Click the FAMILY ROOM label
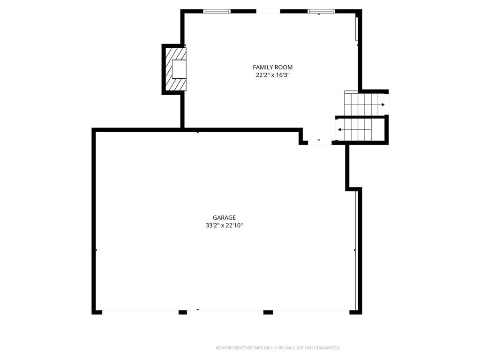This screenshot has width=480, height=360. click(272, 67)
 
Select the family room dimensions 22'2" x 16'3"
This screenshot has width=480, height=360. click(272, 75)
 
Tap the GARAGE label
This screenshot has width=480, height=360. click(224, 217)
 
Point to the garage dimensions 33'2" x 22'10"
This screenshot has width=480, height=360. click(224, 225)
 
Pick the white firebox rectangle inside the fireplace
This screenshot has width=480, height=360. click(179, 69)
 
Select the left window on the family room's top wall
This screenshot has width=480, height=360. click(217, 11)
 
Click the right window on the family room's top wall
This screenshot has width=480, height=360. click(321, 11)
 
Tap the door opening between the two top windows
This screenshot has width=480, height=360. click(268, 12)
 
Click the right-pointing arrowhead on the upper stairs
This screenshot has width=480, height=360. click(383, 105)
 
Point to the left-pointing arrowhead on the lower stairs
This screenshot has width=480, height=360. click(339, 129)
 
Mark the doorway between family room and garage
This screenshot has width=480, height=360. click(320, 142)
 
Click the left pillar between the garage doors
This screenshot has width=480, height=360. click(183, 312)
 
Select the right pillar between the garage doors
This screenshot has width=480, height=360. click(268, 312)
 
